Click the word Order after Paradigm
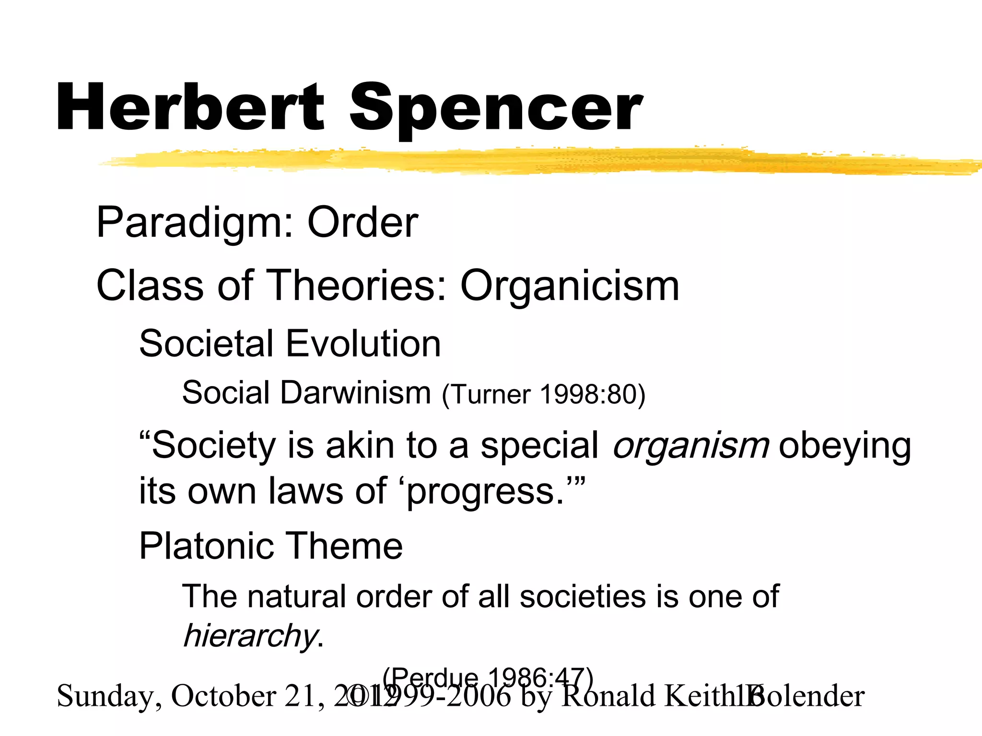pos(362,222)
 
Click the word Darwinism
pos(355,393)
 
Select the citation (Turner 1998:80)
pos(544,395)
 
